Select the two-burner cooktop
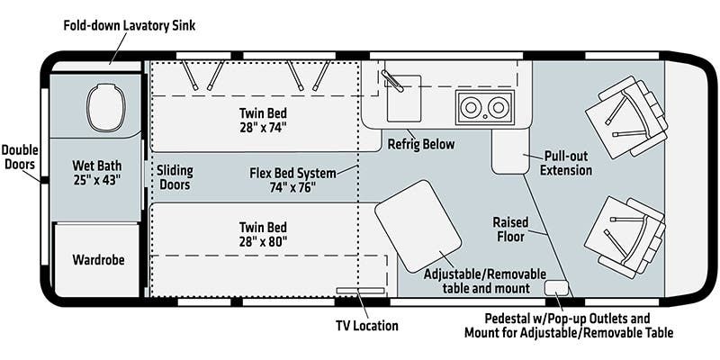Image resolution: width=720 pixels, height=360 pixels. [x=483, y=107]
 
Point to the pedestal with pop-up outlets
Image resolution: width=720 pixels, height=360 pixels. [x=557, y=287]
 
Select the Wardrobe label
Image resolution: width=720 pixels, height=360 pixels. [x=98, y=260]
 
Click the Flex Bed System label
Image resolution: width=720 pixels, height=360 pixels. [x=292, y=180]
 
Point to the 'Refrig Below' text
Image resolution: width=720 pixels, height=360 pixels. [x=421, y=144]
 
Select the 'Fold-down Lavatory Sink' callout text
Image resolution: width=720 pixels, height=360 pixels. [x=129, y=25]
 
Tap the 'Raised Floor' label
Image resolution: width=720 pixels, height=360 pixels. [x=510, y=229]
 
